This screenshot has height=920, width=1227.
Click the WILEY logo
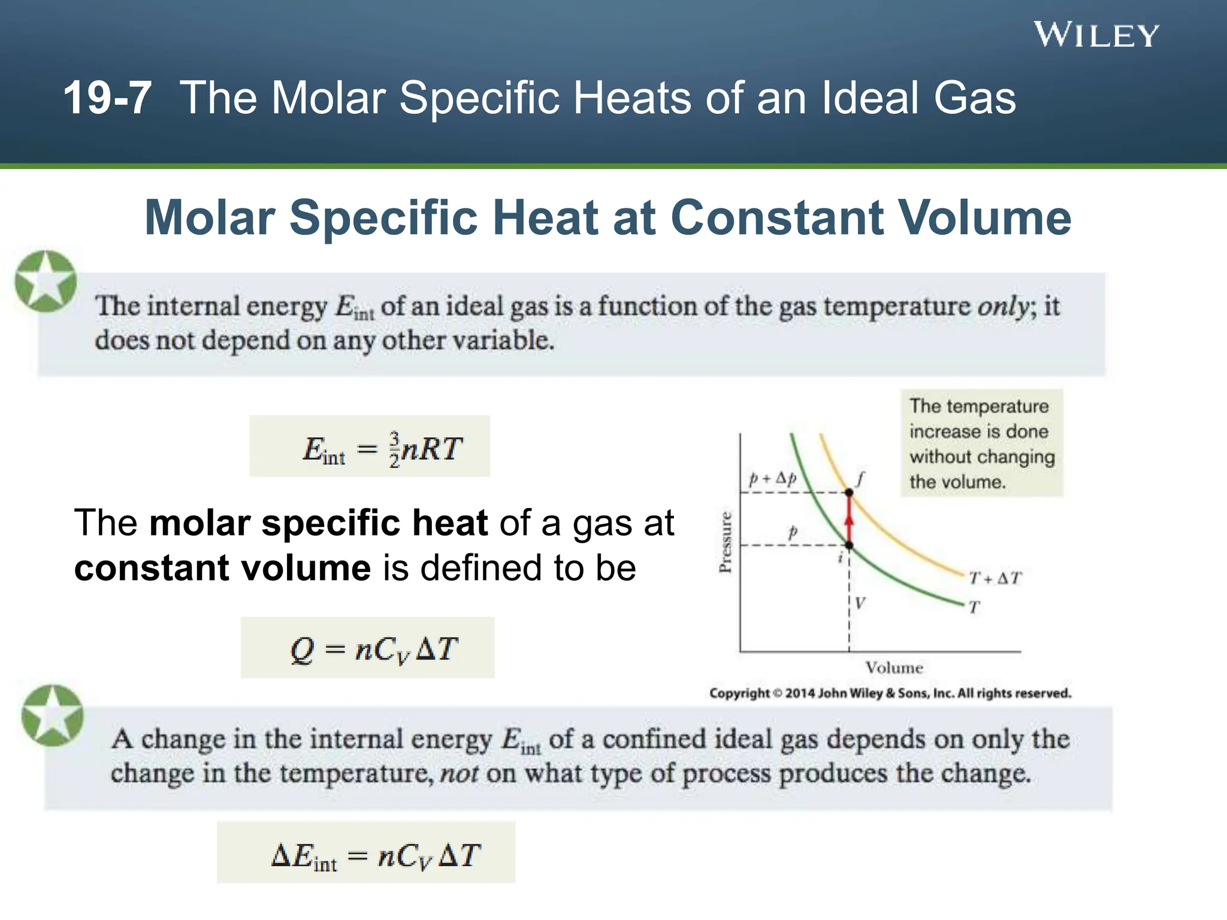(x=1096, y=35)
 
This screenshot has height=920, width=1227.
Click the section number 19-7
(x=107, y=98)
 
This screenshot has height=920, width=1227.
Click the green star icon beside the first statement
(x=46, y=281)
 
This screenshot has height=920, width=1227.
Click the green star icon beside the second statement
(x=53, y=716)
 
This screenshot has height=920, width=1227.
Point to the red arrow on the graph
(x=849, y=519)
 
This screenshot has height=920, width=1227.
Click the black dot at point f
(x=849, y=492)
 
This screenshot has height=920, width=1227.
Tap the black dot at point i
(x=849, y=545)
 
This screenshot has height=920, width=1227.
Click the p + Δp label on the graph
(x=773, y=478)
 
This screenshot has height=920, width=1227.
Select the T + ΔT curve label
(x=995, y=578)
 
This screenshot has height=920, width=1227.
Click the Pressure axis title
(x=725, y=542)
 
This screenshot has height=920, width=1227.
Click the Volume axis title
(x=894, y=667)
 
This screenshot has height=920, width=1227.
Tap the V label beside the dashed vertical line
(x=860, y=603)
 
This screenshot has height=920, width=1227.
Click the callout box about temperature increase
(x=981, y=443)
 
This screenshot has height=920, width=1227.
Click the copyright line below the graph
(x=890, y=693)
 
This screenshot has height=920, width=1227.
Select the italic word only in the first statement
(x=1003, y=307)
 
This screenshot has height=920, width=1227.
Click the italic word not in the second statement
(x=459, y=773)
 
